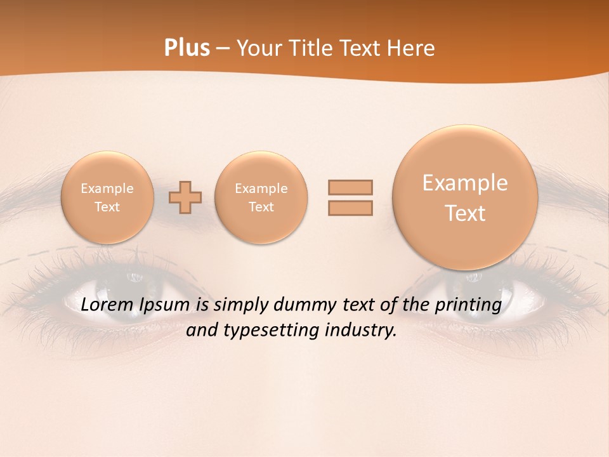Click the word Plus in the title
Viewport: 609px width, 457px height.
tap(187, 48)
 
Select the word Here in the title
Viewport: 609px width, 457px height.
tap(412, 48)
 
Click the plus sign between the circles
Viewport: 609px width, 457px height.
tap(185, 198)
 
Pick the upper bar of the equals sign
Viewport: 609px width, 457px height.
tap(350, 187)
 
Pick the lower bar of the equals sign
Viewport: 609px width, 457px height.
tap(350, 208)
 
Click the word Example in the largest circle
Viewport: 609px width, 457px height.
tap(465, 183)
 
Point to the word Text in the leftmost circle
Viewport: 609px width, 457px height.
tap(107, 207)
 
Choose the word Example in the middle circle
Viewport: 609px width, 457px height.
tap(261, 189)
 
